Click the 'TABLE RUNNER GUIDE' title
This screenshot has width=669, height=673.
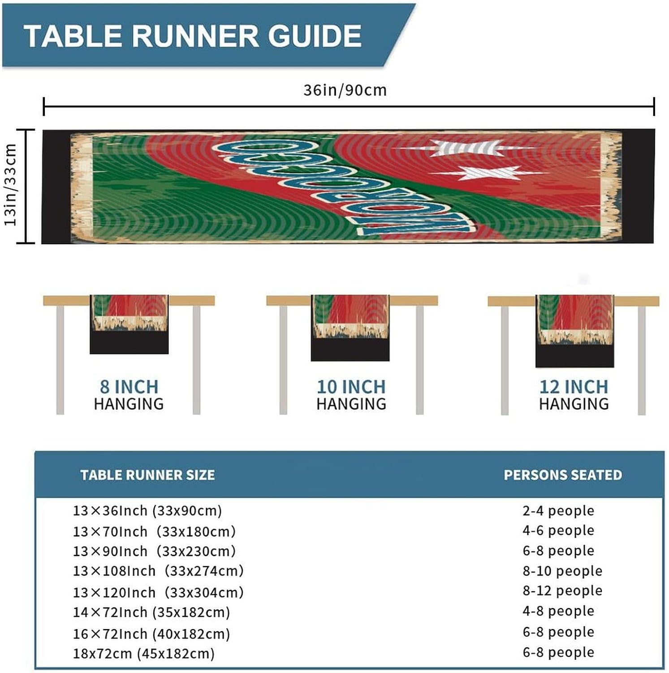click(x=193, y=36)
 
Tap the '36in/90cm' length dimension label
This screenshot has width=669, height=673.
click(x=345, y=90)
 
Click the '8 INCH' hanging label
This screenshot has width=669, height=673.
click(x=129, y=386)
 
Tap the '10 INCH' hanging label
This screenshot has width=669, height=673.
click(x=351, y=386)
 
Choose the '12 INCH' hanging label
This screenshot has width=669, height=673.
click(x=574, y=386)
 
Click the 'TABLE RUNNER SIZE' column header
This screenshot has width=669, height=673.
click(x=147, y=475)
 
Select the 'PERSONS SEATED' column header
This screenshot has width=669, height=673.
click(x=563, y=475)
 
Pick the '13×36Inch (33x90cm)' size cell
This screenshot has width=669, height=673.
click(x=147, y=511)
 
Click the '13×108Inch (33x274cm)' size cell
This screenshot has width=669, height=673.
click(x=158, y=571)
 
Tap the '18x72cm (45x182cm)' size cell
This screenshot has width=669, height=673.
click(x=143, y=653)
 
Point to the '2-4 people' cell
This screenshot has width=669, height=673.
click(x=558, y=511)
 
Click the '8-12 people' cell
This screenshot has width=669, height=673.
click(x=562, y=590)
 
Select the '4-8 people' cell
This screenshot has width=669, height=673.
click(x=558, y=611)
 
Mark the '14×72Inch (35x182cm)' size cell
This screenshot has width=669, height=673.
click(x=151, y=612)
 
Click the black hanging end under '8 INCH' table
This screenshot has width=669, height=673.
click(x=129, y=343)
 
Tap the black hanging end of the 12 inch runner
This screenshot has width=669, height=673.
click(x=574, y=357)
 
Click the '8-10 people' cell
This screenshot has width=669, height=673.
click(x=562, y=571)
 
